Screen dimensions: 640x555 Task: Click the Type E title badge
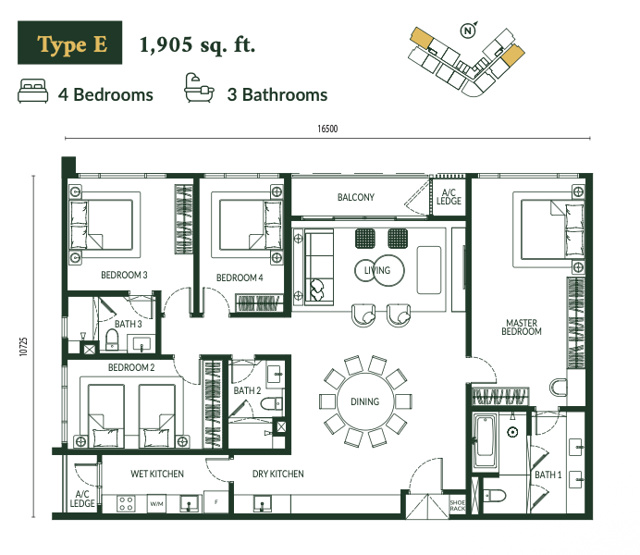tap(69, 43)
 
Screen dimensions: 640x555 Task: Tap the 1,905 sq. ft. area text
tap(197, 45)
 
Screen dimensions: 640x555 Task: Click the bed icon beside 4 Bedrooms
tap(33, 91)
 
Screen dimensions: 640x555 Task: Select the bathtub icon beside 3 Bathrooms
tap(199, 88)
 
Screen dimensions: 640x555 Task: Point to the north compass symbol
tap(468, 31)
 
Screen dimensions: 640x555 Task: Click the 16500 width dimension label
tap(327, 129)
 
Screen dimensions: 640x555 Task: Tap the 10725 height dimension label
tap(24, 347)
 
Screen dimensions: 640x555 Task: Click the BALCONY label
tap(356, 198)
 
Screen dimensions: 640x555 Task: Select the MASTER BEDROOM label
tap(522, 327)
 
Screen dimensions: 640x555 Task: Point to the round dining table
tap(365, 401)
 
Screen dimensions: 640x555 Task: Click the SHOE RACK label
tap(458, 506)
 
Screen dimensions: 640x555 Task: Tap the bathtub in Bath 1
tap(486, 441)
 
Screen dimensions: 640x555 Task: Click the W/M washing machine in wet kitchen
tap(156, 504)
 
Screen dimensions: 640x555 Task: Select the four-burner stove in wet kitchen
tap(126, 503)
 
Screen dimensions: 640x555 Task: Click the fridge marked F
tap(215, 501)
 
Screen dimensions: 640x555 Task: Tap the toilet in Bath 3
tap(112, 339)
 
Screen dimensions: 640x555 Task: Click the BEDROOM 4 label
tap(240, 277)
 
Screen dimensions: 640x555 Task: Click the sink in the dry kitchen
tap(262, 503)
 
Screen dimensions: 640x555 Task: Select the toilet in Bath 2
tap(272, 404)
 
